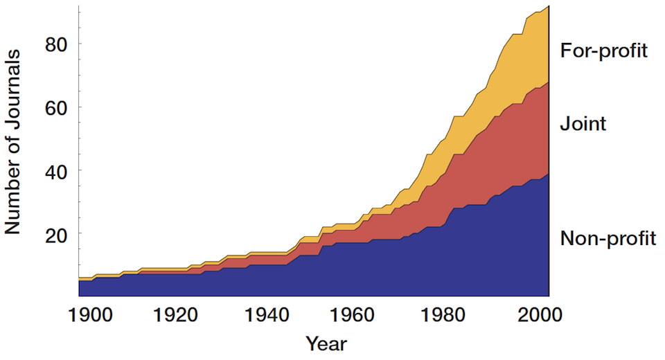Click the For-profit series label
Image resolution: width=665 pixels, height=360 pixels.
tap(603, 51)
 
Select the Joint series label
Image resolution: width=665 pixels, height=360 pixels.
tap(583, 124)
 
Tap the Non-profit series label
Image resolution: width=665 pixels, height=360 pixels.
tap(608, 239)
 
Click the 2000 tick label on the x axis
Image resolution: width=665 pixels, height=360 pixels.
tap(534, 315)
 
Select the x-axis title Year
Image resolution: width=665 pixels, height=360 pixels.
tap(326, 343)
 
